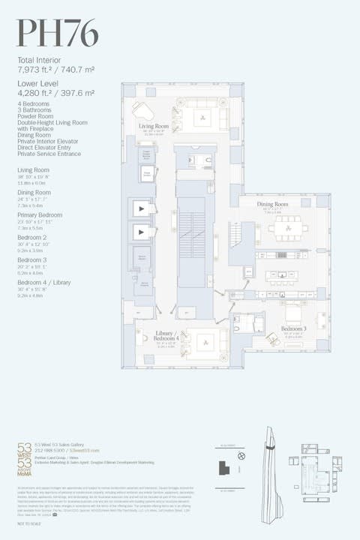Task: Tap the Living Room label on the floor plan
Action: (154, 127)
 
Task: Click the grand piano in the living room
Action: (143, 110)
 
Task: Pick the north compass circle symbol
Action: (241, 455)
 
